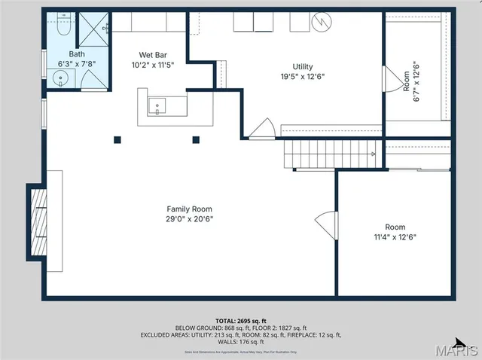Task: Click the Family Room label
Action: [190, 209]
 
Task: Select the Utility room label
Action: [303, 66]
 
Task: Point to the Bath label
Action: [77, 54]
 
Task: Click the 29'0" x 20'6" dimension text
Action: [190, 218]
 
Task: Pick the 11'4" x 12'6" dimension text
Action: [395, 236]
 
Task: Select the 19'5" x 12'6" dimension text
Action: [303, 76]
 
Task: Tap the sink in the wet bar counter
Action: [157, 105]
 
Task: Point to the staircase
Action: [329, 154]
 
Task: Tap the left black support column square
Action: [117, 139]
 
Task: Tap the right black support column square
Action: [196, 139]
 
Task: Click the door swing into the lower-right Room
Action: [325, 223]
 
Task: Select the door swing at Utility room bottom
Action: [262, 130]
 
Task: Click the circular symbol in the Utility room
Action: [322, 23]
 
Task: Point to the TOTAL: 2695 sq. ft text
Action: [241, 321]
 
